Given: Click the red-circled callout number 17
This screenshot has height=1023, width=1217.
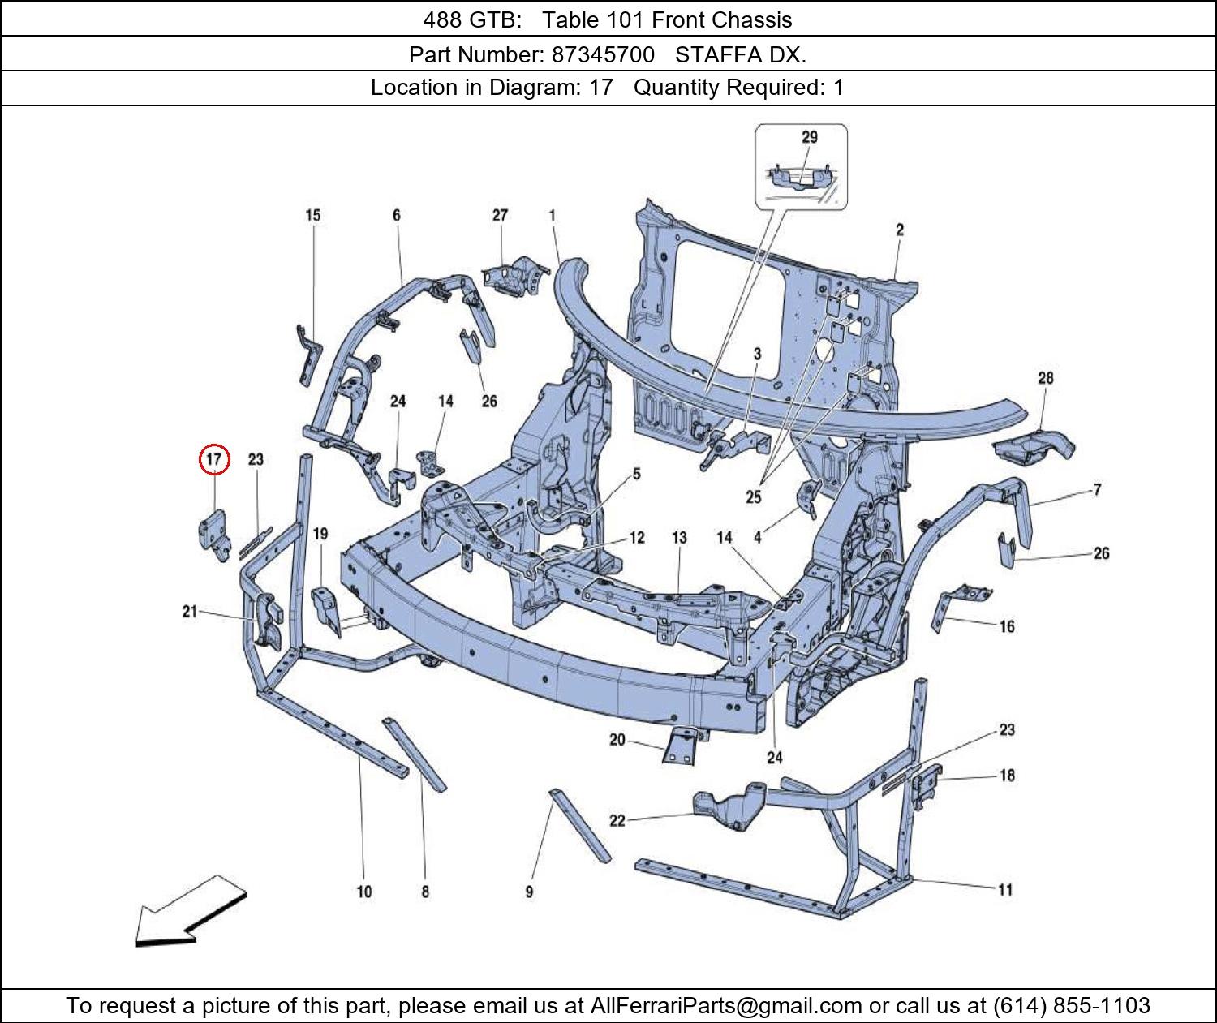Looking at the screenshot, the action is point(214,459).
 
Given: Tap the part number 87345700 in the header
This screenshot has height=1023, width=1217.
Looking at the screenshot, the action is point(603,55).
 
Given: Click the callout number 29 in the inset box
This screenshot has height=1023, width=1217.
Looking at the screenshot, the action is point(810,138).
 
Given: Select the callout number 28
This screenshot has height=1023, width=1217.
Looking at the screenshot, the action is point(1046,378).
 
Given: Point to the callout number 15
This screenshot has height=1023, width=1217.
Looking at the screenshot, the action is point(313,216).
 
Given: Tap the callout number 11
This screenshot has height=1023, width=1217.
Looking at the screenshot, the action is point(1005,890).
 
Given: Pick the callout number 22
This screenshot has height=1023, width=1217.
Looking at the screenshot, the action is point(617,821).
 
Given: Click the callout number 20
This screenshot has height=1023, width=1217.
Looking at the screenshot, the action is point(617,740).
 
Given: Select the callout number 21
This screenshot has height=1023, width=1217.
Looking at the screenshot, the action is point(189,612).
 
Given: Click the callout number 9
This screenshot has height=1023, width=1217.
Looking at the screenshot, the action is point(529,892).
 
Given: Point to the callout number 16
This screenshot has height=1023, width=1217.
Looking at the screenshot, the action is point(1007,626).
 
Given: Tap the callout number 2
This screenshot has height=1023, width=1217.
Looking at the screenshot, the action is point(900,230).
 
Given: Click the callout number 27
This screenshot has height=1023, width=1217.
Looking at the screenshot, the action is point(500,216).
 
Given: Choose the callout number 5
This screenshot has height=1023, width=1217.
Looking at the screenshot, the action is point(636,474).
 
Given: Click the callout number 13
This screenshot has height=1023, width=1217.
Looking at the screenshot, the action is point(680,537).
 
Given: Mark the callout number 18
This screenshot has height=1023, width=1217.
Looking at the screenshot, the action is point(1007,776).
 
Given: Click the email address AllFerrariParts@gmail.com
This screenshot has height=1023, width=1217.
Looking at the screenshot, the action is point(726,1006).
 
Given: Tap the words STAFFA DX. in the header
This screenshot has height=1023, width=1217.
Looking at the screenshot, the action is point(741,55).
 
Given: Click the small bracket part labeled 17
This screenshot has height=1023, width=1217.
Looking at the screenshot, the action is point(213,533).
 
